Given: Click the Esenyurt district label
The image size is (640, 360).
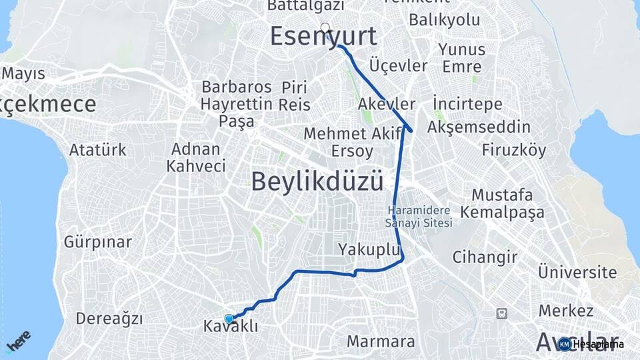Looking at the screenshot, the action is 323,37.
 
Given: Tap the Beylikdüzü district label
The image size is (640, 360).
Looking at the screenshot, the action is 317,181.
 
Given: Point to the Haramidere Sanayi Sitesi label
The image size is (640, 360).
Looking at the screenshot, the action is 419,217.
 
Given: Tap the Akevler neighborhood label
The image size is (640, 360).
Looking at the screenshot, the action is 387,105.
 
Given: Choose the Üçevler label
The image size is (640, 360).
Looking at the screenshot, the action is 397,66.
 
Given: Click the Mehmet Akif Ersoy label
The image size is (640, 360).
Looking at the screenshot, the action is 338,142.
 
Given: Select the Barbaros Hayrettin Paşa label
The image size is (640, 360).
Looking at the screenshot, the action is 237,104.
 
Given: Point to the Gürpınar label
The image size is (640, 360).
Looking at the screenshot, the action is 98,242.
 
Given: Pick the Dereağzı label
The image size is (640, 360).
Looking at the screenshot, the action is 109,319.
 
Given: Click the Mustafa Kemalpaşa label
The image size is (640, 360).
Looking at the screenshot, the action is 508,204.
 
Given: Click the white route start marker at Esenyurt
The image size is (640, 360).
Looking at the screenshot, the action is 325,27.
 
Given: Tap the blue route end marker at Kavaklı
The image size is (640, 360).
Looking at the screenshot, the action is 229,319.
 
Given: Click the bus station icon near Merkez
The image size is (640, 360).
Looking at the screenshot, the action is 501,313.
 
